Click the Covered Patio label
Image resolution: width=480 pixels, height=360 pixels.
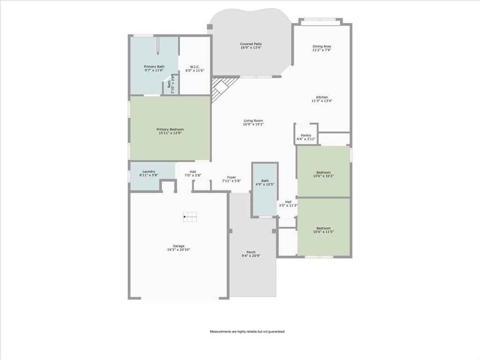coord(251,44)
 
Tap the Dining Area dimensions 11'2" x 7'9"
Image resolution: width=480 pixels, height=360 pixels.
coord(322,50)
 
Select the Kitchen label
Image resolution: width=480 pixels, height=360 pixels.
coord(322,97)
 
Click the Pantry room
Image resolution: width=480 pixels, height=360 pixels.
coord(306,135)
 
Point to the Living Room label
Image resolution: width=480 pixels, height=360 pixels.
coord(253,120)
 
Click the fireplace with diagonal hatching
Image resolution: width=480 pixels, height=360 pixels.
coord(222,89)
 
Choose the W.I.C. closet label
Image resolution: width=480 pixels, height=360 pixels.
coord(195,67)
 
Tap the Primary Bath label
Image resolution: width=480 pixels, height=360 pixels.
coord(154,67)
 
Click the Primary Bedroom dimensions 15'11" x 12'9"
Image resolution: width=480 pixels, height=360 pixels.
coord(170,133)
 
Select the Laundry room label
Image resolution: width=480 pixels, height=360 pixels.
coord(149,172)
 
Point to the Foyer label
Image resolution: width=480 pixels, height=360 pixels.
coord(232,177)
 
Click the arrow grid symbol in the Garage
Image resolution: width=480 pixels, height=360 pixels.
coord(190,216)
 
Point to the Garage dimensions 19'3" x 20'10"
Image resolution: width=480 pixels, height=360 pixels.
coord(178,250)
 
